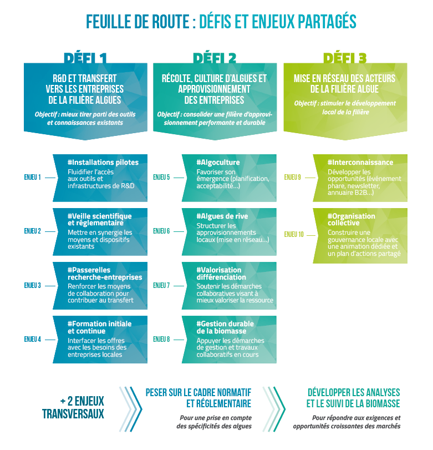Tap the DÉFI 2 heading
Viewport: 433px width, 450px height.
215,58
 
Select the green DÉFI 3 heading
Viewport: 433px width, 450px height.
345,58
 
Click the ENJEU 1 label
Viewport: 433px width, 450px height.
33,178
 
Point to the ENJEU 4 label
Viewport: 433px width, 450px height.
33,339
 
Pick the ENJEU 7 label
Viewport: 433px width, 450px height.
161,286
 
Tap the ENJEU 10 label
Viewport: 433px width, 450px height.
294,234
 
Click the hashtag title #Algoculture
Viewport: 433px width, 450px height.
218,163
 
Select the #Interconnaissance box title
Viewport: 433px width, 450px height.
360,163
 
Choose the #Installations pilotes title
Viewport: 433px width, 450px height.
103,163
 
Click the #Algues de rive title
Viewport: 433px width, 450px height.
222,216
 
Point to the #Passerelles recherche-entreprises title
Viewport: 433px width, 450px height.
105,273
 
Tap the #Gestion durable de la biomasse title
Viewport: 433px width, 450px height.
225,327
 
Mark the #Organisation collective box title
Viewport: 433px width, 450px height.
351,219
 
